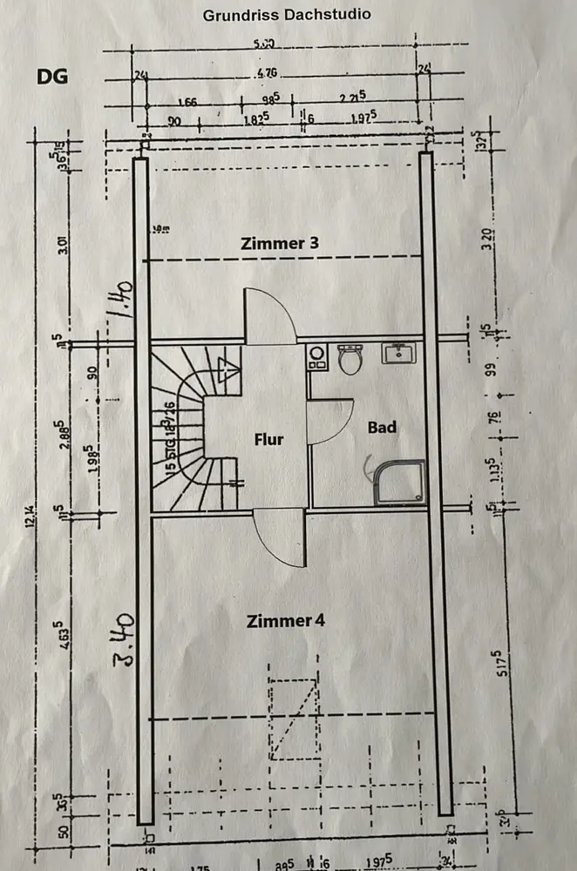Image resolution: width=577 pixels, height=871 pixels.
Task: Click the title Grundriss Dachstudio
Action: coord(286,15)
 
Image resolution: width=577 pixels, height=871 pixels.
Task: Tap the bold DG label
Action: coord(52,77)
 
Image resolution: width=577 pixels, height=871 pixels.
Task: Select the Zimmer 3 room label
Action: coord(279,244)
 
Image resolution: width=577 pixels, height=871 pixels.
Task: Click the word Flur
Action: coord(269,439)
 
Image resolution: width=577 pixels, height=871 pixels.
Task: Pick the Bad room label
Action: coord(382,427)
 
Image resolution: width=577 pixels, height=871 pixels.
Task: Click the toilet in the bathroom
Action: coord(350,358)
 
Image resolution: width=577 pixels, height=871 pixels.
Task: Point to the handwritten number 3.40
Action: coord(122,638)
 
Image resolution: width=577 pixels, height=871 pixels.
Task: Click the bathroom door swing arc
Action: coord(331,422)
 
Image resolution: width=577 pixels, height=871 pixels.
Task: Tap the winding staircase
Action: coord(187,427)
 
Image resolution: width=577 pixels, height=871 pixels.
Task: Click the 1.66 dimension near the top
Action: coord(187,102)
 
